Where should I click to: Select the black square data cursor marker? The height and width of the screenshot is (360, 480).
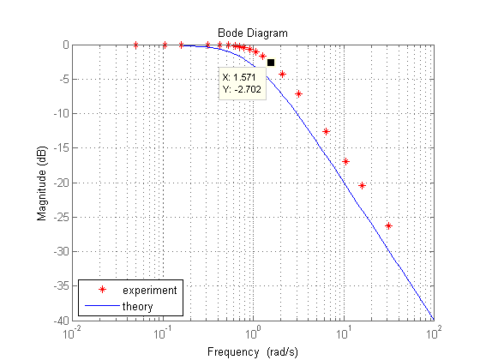[x=271, y=63]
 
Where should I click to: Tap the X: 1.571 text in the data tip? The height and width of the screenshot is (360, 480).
[x=241, y=77]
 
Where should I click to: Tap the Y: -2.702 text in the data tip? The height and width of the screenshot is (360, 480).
[x=243, y=87]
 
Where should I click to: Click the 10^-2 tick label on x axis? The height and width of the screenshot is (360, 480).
[x=71, y=333]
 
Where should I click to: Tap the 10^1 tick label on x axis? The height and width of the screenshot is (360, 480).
[x=344, y=333]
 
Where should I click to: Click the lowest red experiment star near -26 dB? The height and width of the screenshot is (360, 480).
[x=388, y=225]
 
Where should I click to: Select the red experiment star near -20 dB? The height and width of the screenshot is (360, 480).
[x=362, y=185]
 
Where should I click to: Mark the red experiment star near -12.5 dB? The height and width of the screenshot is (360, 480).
[x=326, y=131]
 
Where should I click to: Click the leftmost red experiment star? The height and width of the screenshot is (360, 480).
[x=135, y=45]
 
